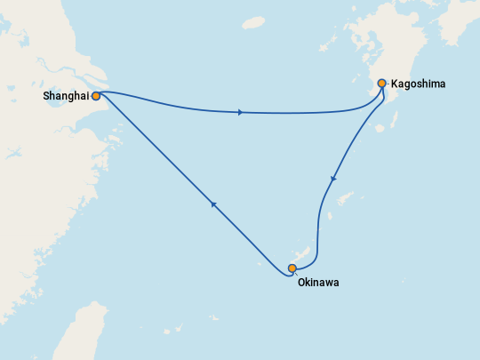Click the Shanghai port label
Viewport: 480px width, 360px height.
click(64, 95)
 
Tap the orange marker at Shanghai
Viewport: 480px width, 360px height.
click(96, 95)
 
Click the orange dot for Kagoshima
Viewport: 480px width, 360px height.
click(382, 84)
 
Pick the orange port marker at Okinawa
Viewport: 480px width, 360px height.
click(292, 268)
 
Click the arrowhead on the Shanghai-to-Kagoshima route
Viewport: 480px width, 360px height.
click(241, 112)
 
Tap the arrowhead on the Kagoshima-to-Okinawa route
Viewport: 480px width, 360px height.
click(333, 180)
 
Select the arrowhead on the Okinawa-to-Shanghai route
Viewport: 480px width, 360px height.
click(213, 204)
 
